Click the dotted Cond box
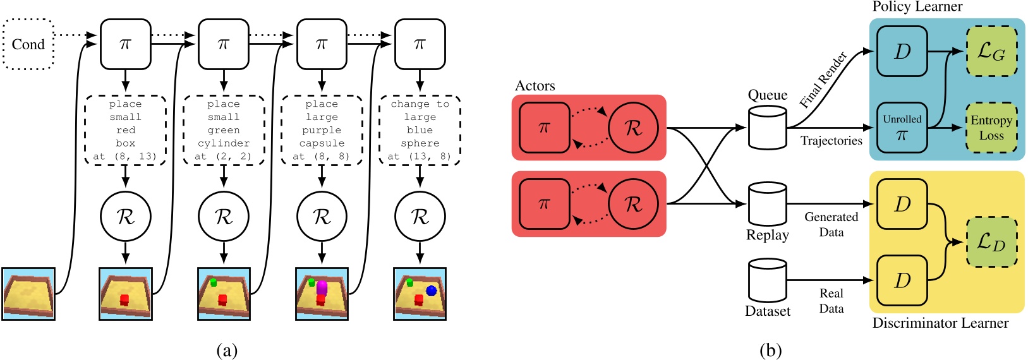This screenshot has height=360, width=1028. click(x=28, y=44)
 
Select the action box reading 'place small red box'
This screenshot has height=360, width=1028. click(x=126, y=131)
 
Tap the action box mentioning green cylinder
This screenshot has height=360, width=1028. click(x=224, y=131)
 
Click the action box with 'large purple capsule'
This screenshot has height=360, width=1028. click(x=322, y=131)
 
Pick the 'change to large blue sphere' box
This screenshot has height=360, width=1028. click(x=420, y=131)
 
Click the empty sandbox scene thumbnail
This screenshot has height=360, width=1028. click(x=28, y=294)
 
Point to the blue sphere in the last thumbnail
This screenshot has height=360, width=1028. click(x=431, y=291)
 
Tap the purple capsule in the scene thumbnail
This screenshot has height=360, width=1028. click(x=322, y=287)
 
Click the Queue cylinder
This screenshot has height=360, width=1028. click(x=767, y=127)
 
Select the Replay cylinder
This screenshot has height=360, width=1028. click(x=767, y=203)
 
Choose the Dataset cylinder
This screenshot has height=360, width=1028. click(x=767, y=280)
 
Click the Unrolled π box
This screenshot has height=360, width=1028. click(x=902, y=128)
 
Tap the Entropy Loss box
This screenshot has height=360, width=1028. click(x=991, y=128)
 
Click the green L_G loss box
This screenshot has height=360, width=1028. click(x=991, y=51)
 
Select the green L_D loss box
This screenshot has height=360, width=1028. click(x=991, y=242)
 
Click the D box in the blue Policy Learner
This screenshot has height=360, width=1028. click(x=902, y=51)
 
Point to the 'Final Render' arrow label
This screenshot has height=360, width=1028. click(x=823, y=80)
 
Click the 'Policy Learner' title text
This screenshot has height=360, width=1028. click(x=917, y=7)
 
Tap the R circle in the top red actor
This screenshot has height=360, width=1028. click(x=633, y=128)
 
